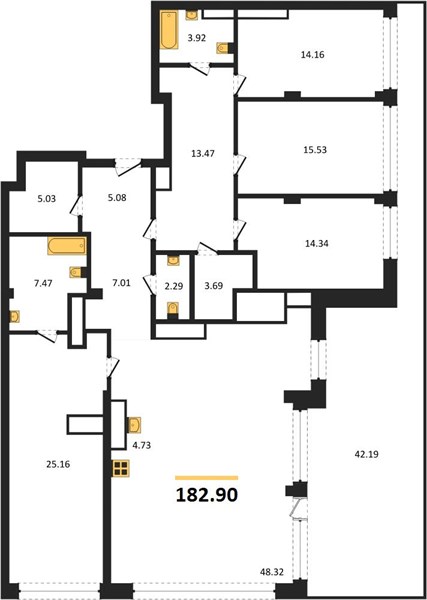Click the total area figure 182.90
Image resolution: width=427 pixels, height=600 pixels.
click(207, 495)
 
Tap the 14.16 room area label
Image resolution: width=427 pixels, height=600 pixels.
click(313, 55)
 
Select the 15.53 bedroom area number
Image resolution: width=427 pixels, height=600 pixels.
click(315, 150)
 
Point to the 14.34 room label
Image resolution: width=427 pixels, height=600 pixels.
click(316, 243)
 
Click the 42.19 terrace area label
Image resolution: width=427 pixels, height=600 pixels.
click(367, 455)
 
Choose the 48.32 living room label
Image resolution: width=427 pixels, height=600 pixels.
click(271, 571)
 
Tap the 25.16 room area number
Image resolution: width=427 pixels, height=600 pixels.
click(58, 465)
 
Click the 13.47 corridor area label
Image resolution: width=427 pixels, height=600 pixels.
click(203, 154)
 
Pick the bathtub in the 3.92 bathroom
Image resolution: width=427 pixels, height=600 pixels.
click(169, 30)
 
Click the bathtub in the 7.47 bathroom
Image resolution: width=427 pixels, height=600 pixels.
click(67, 246)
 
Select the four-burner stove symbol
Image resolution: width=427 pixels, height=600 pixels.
click(121, 468)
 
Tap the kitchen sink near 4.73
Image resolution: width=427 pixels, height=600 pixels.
click(134, 425)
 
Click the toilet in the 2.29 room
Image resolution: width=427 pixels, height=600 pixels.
click(173, 308)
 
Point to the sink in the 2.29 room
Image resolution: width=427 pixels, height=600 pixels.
click(173, 260)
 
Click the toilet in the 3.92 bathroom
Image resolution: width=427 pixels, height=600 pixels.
click(223, 48)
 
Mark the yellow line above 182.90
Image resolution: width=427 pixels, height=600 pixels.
click(207, 478)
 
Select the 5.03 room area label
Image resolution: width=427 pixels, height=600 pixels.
click(47, 199)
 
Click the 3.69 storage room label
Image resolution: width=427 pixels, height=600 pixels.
click(214, 286)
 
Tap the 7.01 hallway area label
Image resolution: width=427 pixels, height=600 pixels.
click(122, 283)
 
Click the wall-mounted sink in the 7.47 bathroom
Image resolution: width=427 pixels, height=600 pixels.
click(15, 316)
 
